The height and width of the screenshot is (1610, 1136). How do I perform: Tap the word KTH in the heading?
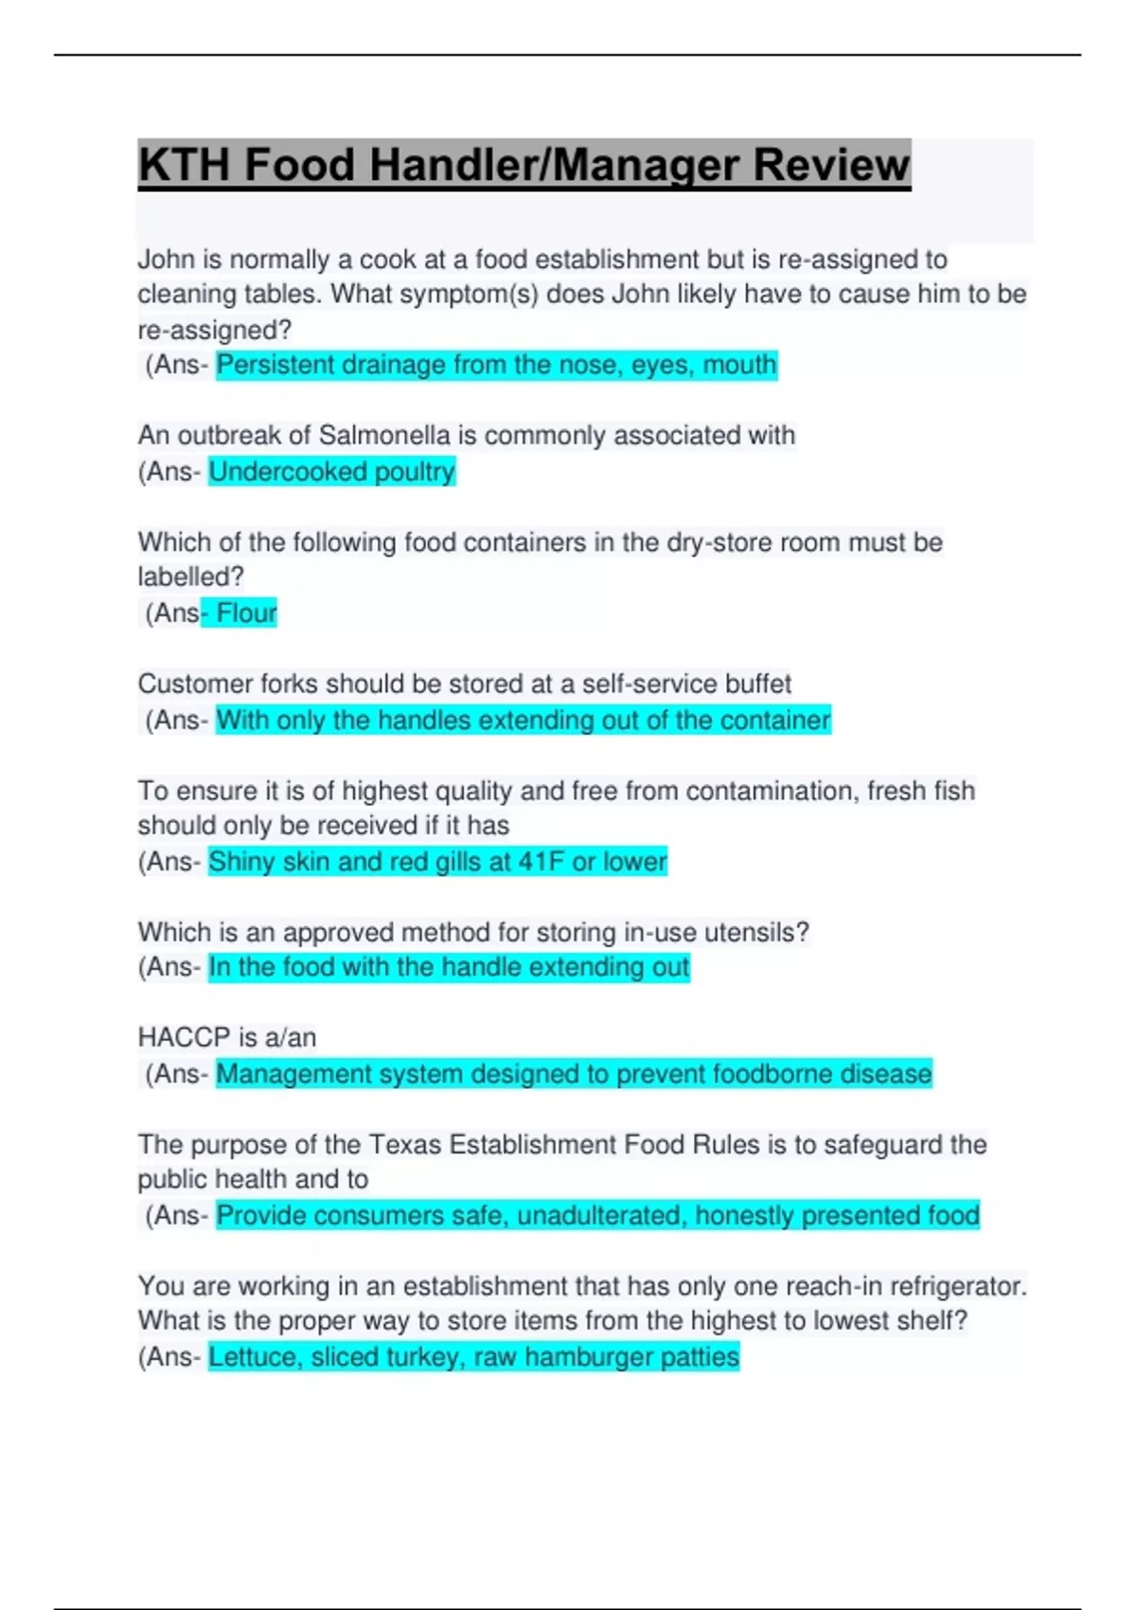coord(184,166)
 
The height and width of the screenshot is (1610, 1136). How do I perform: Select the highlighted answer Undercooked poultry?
coord(331,472)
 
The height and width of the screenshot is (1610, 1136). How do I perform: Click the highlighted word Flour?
coord(246,614)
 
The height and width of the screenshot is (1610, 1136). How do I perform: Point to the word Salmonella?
coord(383,436)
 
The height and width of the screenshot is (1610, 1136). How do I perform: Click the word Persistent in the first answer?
coord(275,366)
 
